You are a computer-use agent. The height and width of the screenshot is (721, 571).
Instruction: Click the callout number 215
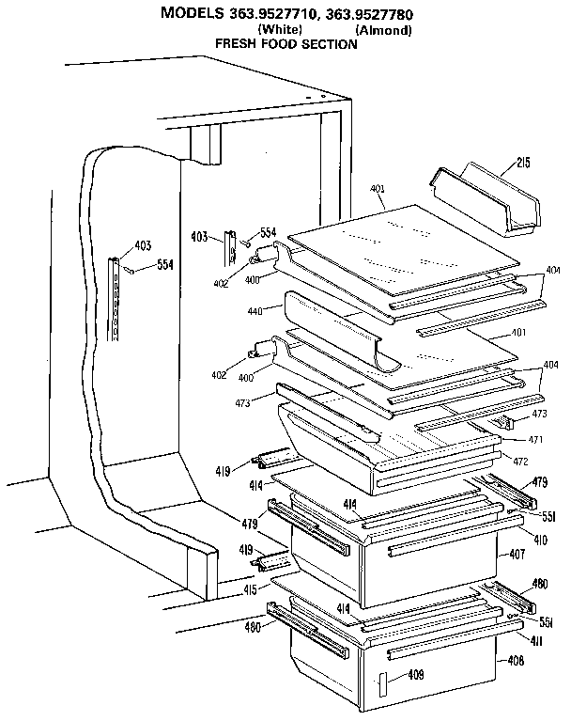pyautogui.click(x=522, y=164)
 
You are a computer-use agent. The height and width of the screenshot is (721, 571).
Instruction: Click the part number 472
pyautogui.click(x=521, y=460)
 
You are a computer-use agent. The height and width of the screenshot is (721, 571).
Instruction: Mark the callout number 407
pyautogui.click(x=517, y=555)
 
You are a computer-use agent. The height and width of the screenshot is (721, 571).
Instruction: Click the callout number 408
pyautogui.click(x=515, y=660)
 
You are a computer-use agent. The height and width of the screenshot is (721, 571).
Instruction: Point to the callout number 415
pyautogui.click(x=251, y=589)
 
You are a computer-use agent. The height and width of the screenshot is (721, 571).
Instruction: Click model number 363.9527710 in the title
pyautogui.click(x=270, y=13)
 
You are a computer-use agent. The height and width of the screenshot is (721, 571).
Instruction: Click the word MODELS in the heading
pyautogui.click(x=192, y=13)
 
